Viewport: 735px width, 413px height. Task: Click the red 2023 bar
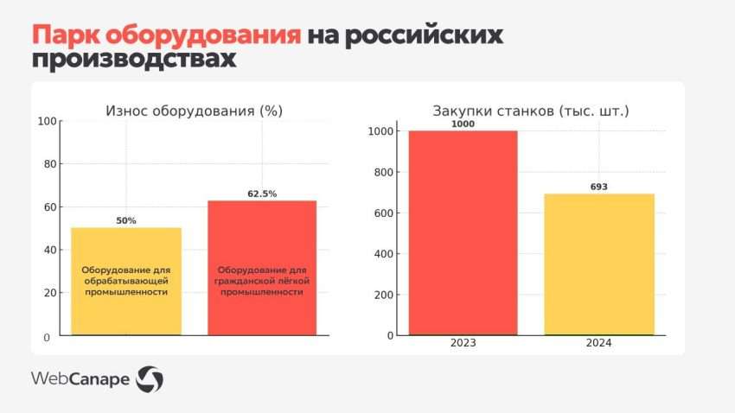pos(463,232)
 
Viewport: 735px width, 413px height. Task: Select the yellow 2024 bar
pos(598,264)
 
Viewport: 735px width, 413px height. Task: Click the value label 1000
pos(463,124)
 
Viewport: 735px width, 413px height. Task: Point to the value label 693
pos(598,187)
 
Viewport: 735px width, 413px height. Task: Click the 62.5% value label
pos(262,194)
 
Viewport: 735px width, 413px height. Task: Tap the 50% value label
pos(126,220)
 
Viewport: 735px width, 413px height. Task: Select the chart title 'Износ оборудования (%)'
pos(195,111)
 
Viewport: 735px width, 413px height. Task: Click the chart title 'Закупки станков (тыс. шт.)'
pos(530,111)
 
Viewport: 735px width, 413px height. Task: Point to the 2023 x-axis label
pos(463,343)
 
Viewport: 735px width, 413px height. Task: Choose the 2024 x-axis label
pos(598,343)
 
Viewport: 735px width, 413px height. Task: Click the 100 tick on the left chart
pos(48,121)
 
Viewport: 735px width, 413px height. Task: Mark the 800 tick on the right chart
pos(385,172)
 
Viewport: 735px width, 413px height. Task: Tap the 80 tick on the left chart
pos(51,164)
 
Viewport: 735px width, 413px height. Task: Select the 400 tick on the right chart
pos(385,254)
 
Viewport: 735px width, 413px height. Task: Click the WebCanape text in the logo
pos(81,378)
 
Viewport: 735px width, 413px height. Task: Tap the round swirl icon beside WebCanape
pos(150,378)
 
